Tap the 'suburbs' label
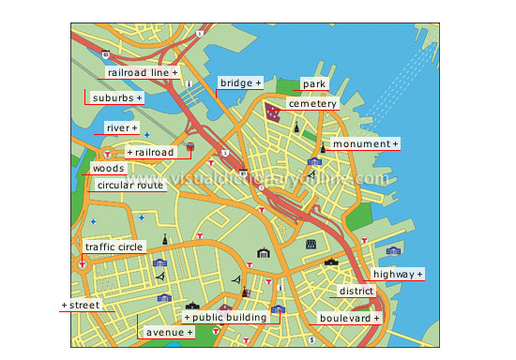pos(117,97)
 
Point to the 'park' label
pos(314,84)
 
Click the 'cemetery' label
pos(312,103)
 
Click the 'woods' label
pos(108,169)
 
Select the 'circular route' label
pos(130,186)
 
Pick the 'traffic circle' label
pos(114,247)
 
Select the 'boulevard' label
pos(348,318)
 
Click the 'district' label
pos(357,292)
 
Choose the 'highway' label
pos(398,274)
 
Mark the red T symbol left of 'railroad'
pos(109,153)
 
